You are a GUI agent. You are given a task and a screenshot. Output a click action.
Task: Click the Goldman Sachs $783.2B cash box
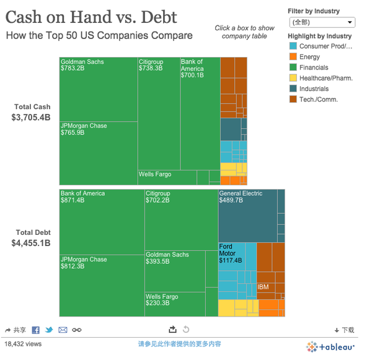click(98, 89)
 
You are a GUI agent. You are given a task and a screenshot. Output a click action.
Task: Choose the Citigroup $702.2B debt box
click(180, 220)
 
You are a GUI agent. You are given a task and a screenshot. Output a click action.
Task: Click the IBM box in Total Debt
click(265, 288)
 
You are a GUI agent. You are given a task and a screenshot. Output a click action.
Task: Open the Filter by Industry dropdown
click(322, 22)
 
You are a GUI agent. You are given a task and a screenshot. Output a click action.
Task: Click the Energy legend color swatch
click(293, 57)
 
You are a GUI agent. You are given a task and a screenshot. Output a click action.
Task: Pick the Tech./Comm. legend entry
click(318, 99)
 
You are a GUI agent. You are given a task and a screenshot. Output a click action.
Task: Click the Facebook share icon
click(36, 330)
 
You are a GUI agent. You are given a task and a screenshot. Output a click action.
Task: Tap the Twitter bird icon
click(49, 330)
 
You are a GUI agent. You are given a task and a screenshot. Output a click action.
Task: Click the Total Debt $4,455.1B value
click(30, 244)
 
